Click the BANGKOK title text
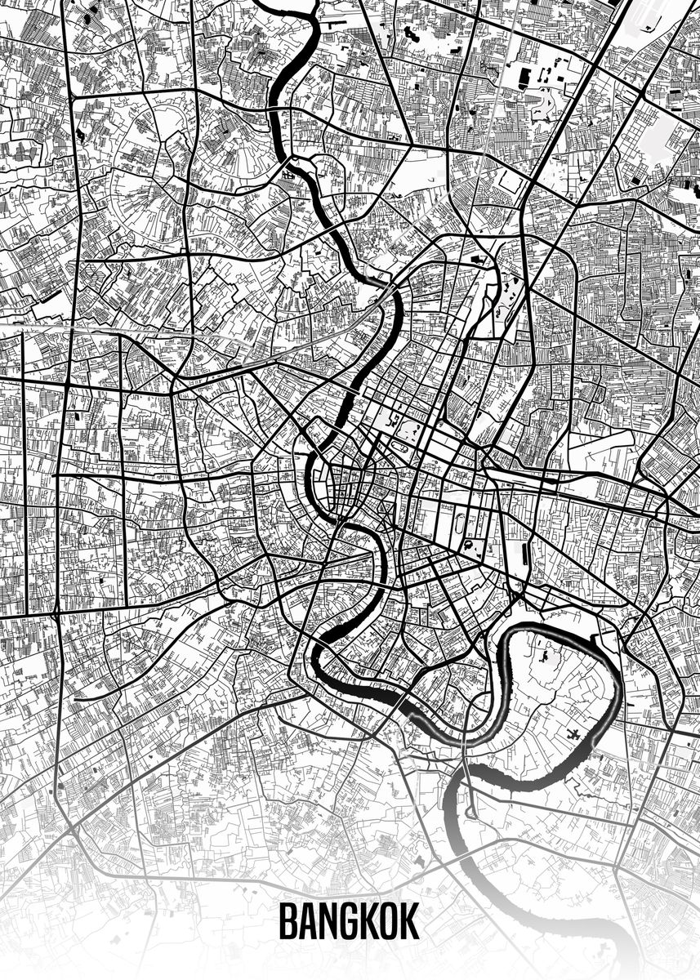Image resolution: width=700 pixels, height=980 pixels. [x=349, y=921]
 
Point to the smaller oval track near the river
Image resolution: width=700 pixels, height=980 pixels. [x=401, y=446]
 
